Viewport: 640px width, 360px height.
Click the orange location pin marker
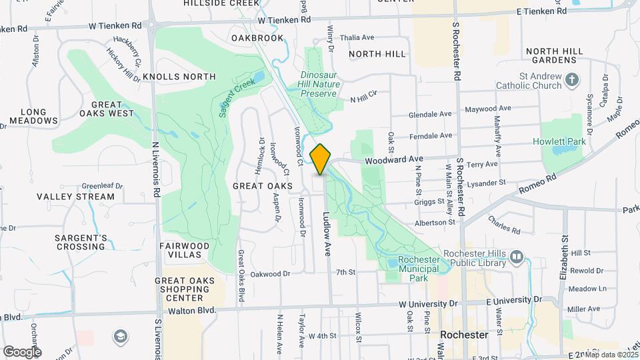(320, 159)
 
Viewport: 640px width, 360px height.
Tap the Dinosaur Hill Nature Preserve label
(320, 84)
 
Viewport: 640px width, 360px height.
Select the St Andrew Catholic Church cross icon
(571, 81)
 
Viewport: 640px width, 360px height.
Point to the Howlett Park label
(559, 141)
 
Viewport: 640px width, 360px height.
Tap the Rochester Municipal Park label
(423, 269)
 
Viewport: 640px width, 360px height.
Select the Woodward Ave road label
(393, 159)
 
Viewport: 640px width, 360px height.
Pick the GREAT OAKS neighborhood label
(263, 186)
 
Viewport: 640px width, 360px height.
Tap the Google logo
(22, 351)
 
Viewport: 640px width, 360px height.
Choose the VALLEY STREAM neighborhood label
(75, 197)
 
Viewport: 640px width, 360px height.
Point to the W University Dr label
(427, 304)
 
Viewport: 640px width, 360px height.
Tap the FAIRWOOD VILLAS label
(184, 251)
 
